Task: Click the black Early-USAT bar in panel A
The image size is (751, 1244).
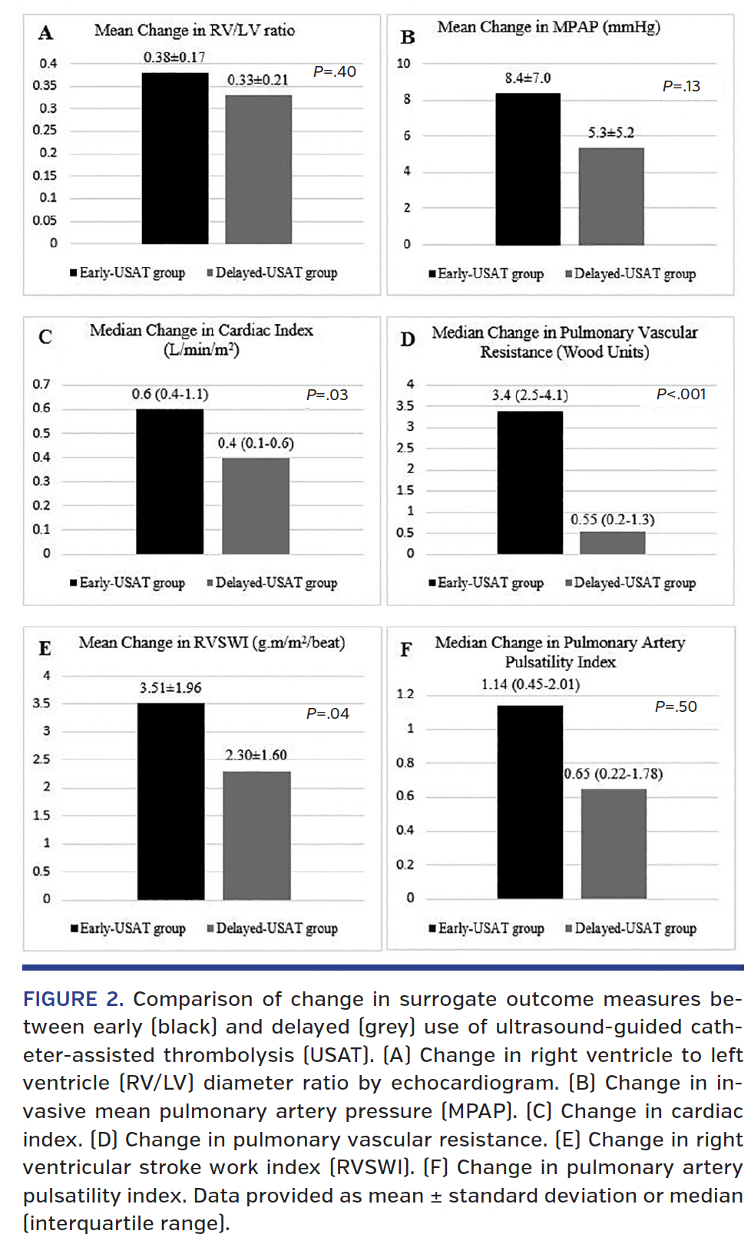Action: [x=175, y=158]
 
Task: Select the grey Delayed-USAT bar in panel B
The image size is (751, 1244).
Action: [x=611, y=197]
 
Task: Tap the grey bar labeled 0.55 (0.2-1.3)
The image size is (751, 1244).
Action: [x=612, y=542]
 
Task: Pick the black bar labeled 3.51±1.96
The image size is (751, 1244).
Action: [x=170, y=801]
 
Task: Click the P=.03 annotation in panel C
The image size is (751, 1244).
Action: [x=327, y=395]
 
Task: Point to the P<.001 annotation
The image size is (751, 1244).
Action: [x=680, y=394]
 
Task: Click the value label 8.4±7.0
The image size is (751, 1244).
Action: [x=528, y=78]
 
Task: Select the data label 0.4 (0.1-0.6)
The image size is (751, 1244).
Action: [x=256, y=443]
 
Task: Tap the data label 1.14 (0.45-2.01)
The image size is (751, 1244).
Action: [x=531, y=684]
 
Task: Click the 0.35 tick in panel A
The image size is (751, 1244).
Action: [x=45, y=85]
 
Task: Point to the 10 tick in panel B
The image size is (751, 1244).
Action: [x=404, y=63]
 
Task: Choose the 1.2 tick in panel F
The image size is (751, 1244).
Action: [x=405, y=694]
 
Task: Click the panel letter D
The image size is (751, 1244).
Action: [x=408, y=339]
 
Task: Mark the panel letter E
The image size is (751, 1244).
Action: [x=45, y=649]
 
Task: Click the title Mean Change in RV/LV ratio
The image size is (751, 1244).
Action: [x=194, y=30]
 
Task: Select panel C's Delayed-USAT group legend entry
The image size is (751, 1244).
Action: [x=272, y=583]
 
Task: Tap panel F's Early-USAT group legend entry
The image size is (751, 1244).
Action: [x=487, y=928]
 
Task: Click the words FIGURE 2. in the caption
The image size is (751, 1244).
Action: [x=73, y=999]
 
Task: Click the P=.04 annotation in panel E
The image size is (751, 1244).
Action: [x=328, y=713]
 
